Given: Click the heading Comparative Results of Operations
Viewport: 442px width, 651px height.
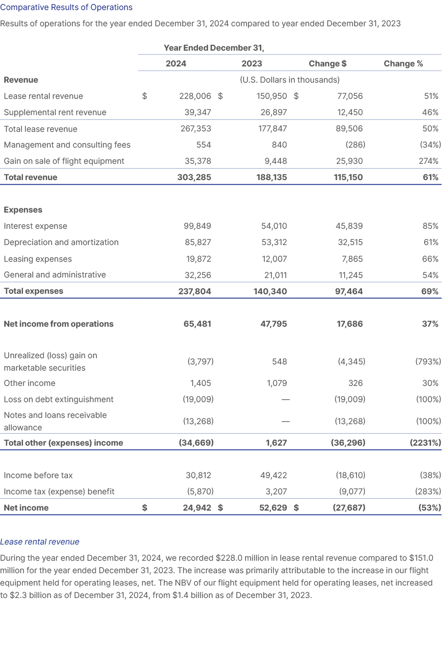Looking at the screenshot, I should click(x=66, y=8).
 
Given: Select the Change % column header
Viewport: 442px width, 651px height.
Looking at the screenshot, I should click(x=403, y=64).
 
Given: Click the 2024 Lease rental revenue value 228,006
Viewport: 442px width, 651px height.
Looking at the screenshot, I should click(x=195, y=96).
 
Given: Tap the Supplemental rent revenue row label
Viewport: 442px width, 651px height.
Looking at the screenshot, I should click(x=55, y=112).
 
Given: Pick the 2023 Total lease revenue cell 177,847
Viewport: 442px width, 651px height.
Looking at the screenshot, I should click(x=271, y=128).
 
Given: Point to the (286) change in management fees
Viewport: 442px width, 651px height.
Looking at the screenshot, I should click(x=356, y=145).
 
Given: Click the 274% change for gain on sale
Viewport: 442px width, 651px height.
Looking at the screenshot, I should click(x=428, y=161).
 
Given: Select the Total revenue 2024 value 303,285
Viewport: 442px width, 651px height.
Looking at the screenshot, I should click(x=194, y=177).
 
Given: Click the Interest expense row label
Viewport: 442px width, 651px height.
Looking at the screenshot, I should click(x=35, y=226).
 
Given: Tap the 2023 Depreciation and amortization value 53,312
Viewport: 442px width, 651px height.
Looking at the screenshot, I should click(x=274, y=242).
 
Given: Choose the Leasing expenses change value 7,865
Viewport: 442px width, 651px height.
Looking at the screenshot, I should click(x=350, y=259).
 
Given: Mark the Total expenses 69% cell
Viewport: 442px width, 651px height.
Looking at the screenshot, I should click(x=430, y=291).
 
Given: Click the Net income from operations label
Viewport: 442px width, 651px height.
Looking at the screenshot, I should click(x=58, y=324).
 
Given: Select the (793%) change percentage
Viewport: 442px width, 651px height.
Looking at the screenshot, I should click(x=428, y=362).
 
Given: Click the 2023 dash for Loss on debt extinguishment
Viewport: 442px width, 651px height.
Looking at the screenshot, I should click(x=285, y=399).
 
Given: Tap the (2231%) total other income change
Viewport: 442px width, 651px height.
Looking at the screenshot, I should click(x=425, y=443).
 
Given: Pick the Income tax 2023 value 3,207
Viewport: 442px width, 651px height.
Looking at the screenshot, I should click(x=277, y=491).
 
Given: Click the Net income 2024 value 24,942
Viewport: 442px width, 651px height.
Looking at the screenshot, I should click(x=197, y=508).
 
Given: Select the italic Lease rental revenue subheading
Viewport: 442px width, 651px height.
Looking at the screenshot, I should click(x=40, y=542).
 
